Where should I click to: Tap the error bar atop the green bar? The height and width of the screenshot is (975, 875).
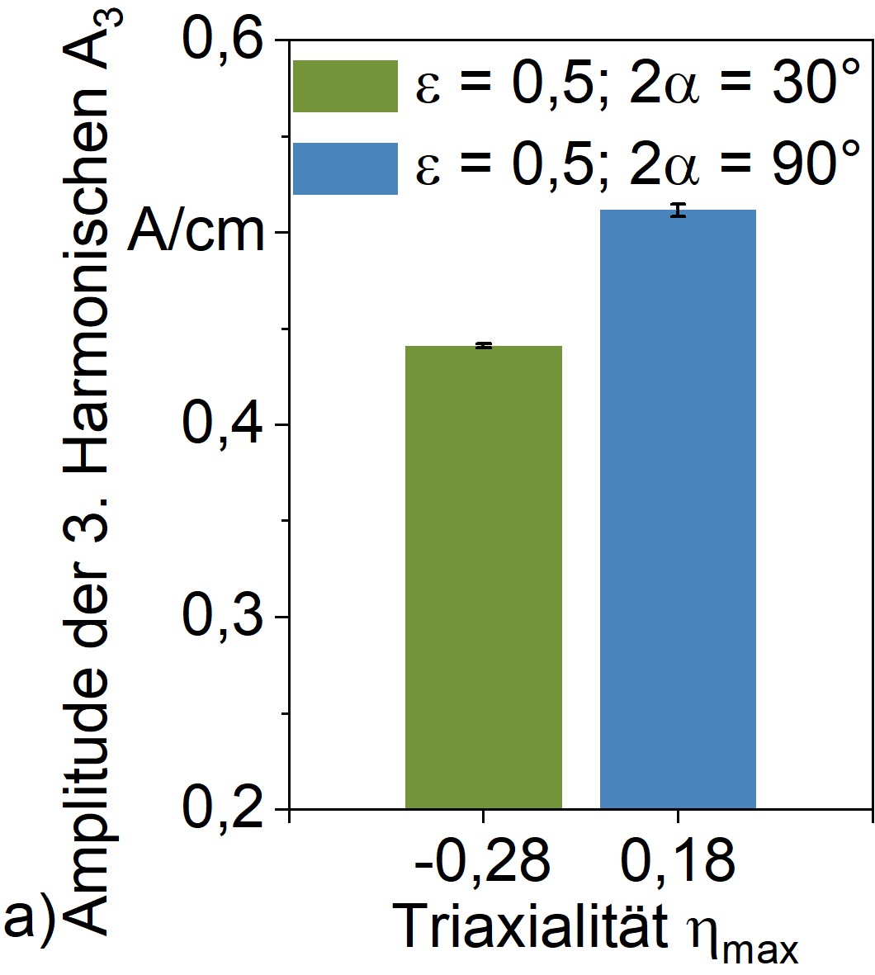pyautogui.click(x=484, y=345)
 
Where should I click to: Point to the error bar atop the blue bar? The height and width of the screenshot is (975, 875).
pyautogui.click(x=678, y=210)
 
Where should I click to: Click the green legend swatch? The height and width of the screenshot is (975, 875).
pyautogui.click(x=345, y=86)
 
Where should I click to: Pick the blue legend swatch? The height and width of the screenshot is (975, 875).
pyautogui.click(x=345, y=168)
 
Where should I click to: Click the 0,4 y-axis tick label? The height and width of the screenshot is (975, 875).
pyautogui.click(x=226, y=425)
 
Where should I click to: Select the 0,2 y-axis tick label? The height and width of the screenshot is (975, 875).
pyautogui.click(x=226, y=809)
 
